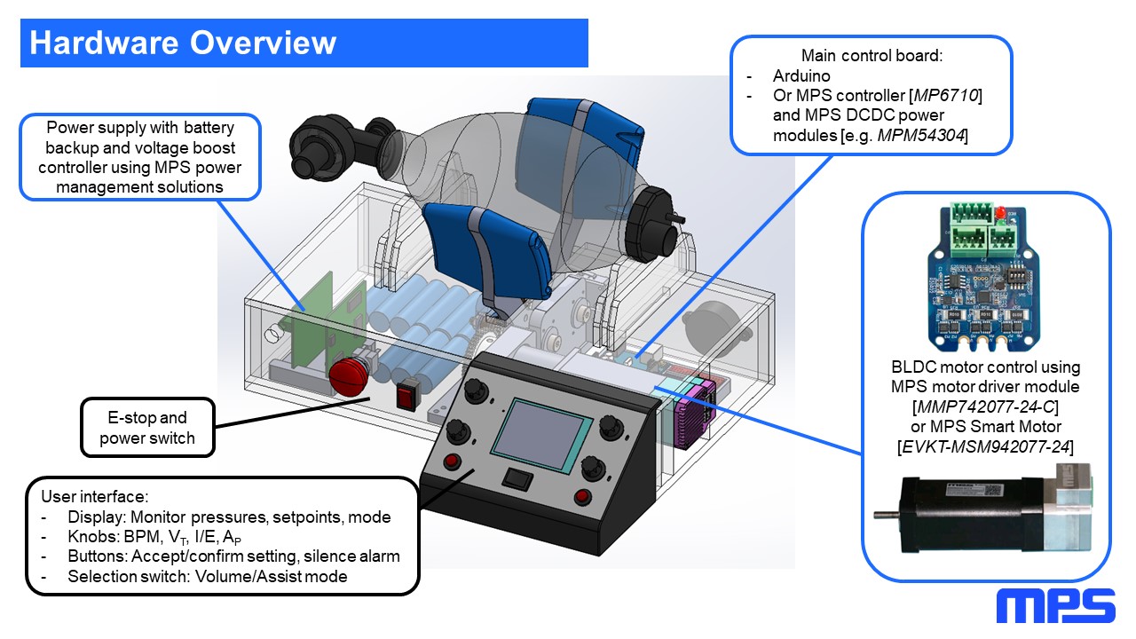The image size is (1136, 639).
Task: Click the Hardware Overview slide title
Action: [x=183, y=43]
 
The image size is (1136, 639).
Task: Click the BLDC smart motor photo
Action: [x=985, y=514]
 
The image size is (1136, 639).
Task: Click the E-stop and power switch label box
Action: [x=147, y=427]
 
